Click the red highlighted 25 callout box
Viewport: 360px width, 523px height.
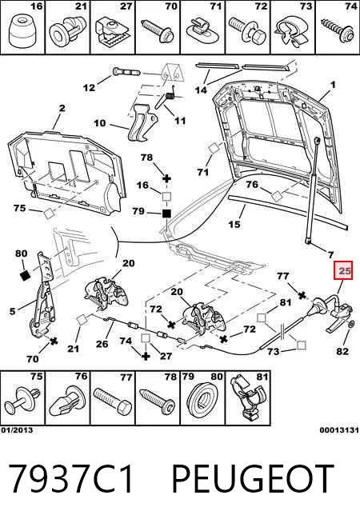[x=344, y=270]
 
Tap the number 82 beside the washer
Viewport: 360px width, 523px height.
[x=342, y=351]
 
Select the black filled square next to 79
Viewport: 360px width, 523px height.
[x=166, y=214]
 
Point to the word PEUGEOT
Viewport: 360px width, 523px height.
[x=253, y=479]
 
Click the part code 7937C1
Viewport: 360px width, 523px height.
[x=71, y=479]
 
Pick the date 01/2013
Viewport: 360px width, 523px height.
[x=17, y=430]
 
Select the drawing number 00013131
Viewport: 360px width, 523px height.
[x=339, y=430]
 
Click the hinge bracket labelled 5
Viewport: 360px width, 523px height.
[x=42, y=296]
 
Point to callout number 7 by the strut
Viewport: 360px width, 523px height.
[x=330, y=255]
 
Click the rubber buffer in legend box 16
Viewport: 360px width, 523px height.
[x=22, y=31]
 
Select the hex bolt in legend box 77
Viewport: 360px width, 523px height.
[x=112, y=401]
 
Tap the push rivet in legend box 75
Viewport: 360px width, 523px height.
[x=23, y=401]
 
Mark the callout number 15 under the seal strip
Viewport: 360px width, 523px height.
[x=234, y=224]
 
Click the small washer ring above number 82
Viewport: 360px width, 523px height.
[x=351, y=324]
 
